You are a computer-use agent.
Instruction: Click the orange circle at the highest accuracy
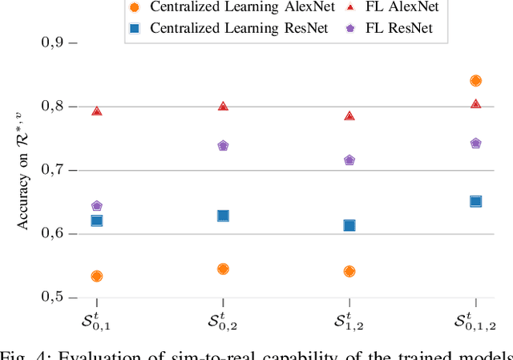475,80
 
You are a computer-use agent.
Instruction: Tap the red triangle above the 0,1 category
97,111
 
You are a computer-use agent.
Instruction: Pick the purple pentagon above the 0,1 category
97,206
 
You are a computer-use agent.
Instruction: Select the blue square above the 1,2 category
349,225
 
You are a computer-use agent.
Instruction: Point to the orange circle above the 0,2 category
223,269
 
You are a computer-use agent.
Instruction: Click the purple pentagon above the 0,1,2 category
475,144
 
